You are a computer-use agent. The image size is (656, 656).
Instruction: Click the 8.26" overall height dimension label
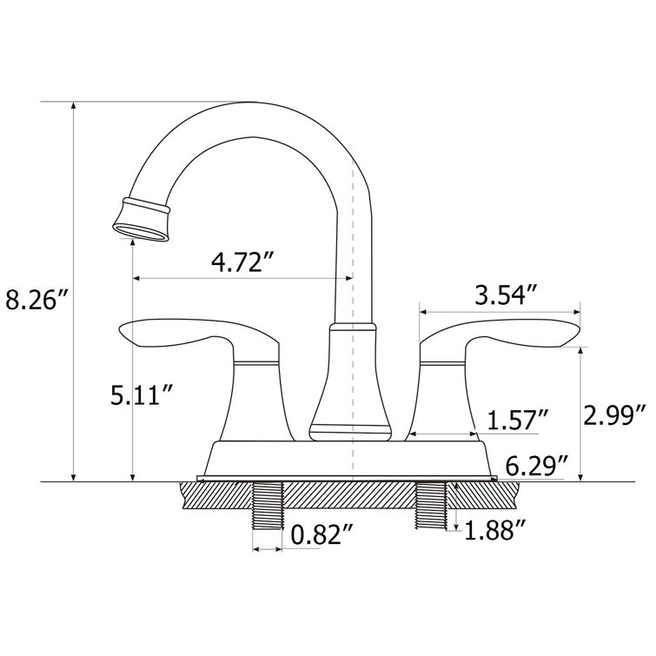point(36,301)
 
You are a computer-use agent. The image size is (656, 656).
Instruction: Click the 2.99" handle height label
point(618,413)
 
